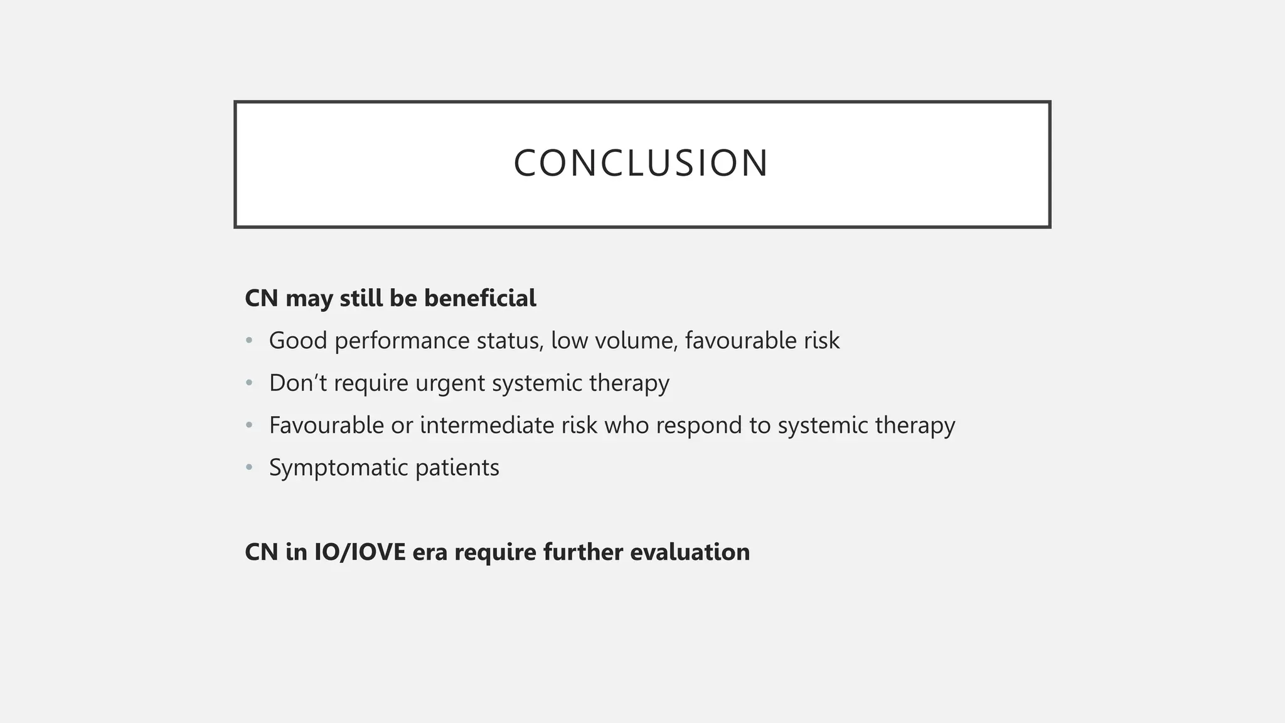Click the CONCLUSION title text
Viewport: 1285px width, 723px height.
641,163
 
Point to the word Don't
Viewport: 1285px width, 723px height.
298,383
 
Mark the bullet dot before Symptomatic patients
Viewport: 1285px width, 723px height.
249,468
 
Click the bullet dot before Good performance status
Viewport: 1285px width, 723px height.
249,341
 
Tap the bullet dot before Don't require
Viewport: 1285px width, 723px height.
249,383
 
